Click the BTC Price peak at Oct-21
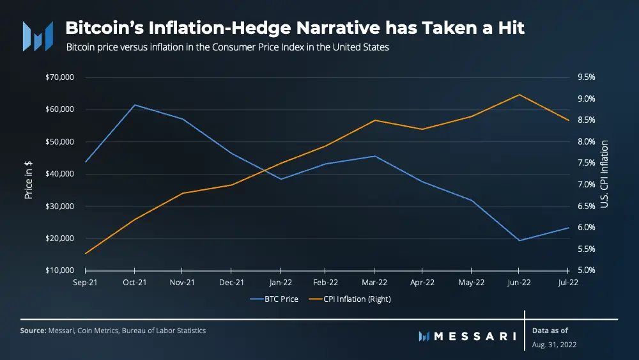(x=134, y=105)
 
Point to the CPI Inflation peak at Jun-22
(x=519, y=95)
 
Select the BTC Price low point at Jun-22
(x=519, y=240)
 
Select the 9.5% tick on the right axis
(x=586, y=77)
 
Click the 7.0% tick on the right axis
(x=586, y=185)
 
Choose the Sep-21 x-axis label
(x=85, y=282)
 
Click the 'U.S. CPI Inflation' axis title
(x=604, y=175)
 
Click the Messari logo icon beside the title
(x=38, y=36)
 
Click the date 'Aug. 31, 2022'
(x=555, y=345)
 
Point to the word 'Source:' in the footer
(x=33, y=331)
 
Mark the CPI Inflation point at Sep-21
(x=86, y=253)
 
